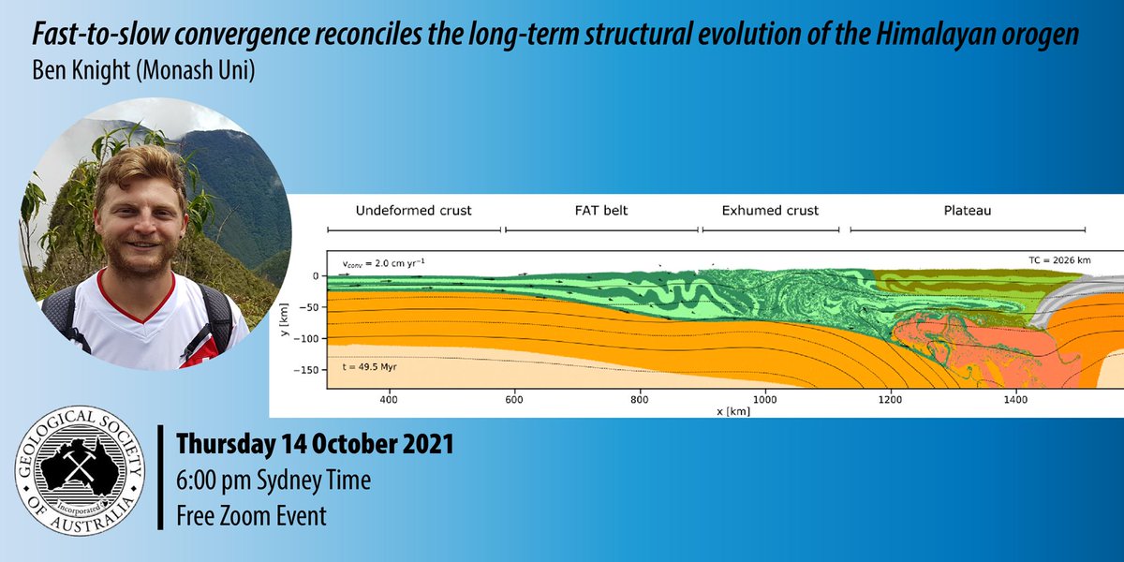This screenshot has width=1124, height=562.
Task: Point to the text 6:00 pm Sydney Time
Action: (x=274, y=481)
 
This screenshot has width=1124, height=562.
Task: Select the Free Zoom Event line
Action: (x=252, y=515)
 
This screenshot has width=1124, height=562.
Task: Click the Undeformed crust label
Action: (x=413, y=211)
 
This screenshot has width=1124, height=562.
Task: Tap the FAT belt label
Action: (x=601, y=211)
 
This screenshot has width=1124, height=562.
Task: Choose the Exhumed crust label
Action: (x=770, y=211)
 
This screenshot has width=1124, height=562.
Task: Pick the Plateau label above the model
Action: (x=967, y=211)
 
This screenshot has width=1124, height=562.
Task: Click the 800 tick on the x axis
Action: (x=641, y=400)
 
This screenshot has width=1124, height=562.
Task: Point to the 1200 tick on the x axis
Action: (x=890, y=400)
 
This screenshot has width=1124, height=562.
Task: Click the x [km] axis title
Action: (x=735, y=412)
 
